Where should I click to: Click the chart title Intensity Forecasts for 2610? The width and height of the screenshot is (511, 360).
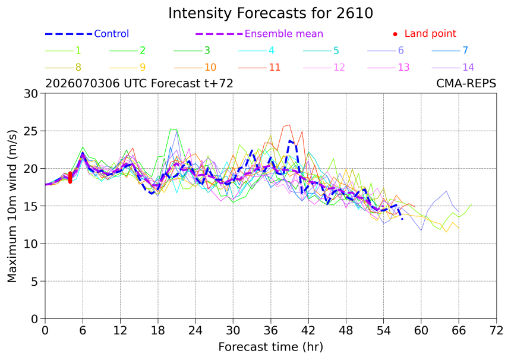pyautogui.click(x=270, y=13)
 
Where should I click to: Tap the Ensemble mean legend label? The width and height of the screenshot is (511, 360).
pyautogui.click(x=284, y=33)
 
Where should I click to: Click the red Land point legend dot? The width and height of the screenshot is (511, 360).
pyautogui.click(x=395, y=34)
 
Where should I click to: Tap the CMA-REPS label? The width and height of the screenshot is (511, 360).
pyautogui.click(x=466, y=83)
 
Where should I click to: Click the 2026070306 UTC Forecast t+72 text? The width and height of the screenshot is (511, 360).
pyautogui.click(x=139, y=83)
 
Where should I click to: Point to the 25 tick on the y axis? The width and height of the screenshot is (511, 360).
pyautogui.click(x=31, y=131)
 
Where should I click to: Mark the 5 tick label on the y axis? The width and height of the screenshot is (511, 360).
pyautogui.click(x=34, y=281)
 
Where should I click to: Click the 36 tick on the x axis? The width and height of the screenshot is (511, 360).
pyautogui.click(x=270, y=331)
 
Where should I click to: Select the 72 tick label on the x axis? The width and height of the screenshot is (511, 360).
pyautogui.click(x=496, y=331)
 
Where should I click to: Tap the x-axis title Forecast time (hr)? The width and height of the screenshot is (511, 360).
pyautogui.click(x=270, y=347)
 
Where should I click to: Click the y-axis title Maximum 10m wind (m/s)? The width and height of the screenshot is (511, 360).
pyautogui.click(x=12, y=206)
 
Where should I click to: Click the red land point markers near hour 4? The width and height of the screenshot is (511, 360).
pyautogui.click(x=70, y=178)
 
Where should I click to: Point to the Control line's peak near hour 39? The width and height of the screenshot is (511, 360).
pyautogui.click(x=290, y=141)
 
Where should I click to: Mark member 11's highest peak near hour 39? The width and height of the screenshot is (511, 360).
pyautogui.click(x=289, y=125)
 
